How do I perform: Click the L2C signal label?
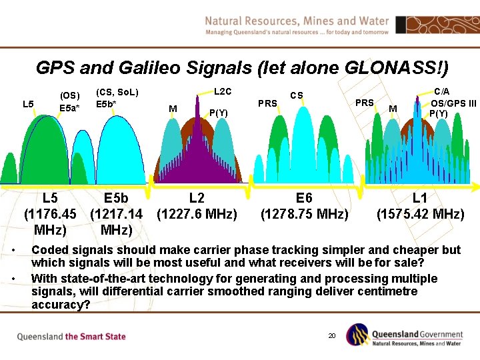(222, 91)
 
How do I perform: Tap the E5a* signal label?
(69, 108)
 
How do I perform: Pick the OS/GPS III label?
(453, 103)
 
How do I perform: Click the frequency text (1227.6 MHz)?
(197, 214)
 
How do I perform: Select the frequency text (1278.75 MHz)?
(304, 214)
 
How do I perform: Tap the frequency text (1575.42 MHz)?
(420, 214)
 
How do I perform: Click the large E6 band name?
(304, 198)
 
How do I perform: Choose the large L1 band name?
(420, 198)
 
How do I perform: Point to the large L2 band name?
(197, 198)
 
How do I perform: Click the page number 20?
(331, 335)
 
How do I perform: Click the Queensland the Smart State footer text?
(71, 337)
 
